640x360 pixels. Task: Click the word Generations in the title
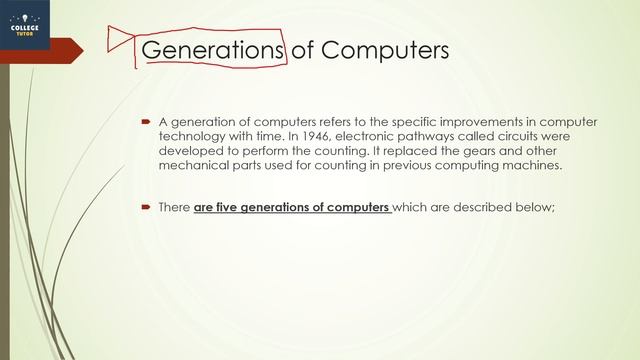pos(209,49)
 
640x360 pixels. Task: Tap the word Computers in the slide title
pos(384,49)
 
